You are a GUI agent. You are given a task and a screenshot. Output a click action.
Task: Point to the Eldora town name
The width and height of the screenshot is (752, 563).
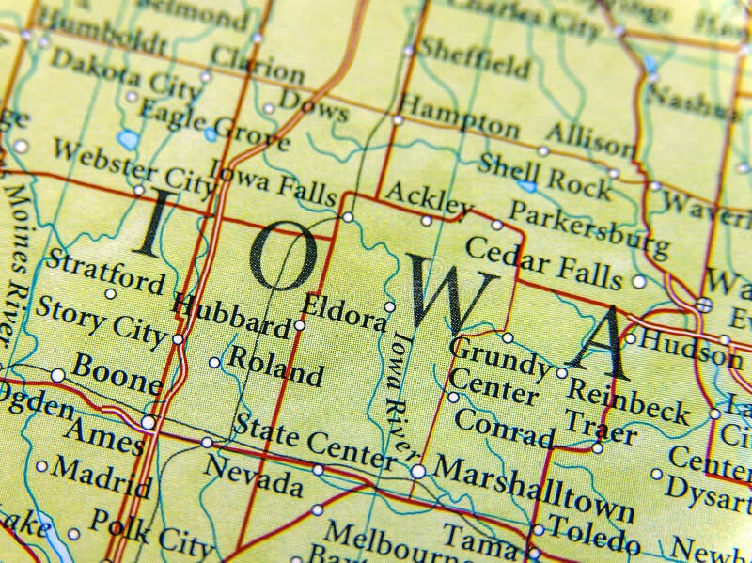click(343, 312)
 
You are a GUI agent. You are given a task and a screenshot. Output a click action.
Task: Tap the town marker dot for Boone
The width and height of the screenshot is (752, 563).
click(58, 375)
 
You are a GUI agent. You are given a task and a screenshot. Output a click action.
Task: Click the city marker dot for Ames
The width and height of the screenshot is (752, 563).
click(148, 422)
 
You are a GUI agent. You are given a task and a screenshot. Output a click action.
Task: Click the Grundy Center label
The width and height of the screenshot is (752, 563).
click(496, 371)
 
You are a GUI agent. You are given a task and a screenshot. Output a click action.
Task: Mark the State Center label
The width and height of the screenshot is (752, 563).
click(313, 441)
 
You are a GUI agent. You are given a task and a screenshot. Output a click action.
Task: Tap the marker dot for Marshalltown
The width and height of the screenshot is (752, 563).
click(417, 471)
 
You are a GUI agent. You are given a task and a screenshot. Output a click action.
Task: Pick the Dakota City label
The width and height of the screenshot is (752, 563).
click(125, 73)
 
